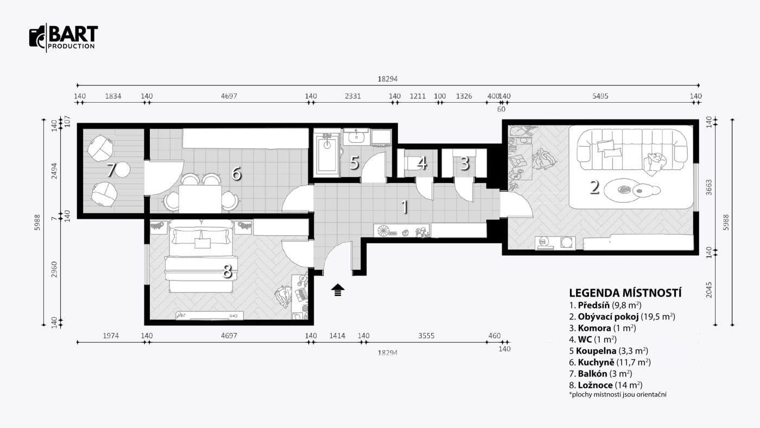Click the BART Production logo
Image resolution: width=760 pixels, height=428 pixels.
point(64,37)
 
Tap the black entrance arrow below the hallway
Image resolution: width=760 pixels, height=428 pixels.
point(338,290)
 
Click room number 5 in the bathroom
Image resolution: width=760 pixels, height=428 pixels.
point(354,163)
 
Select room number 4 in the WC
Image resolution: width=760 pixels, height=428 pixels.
point(422,163)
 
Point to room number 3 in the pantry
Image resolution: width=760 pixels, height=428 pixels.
point(465,163)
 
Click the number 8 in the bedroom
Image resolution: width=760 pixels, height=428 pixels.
point(227,272)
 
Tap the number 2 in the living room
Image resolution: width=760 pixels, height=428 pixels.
point(594,187)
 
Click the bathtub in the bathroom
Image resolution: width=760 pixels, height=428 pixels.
point(327,154)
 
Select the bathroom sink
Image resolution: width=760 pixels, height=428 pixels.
point(356,137)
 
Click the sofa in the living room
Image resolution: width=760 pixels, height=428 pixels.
point(632,150)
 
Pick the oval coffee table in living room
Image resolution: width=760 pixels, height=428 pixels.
point(623,190)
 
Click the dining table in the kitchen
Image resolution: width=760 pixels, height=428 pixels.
point(200,199)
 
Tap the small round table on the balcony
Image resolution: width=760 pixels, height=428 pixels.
point(123,169)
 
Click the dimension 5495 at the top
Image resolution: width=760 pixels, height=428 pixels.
point(600,96)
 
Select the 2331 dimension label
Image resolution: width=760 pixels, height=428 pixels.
point(353,96)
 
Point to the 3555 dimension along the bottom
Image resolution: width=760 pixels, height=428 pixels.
point(426,336)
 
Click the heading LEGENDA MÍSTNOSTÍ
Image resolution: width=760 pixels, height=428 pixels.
point(625,293)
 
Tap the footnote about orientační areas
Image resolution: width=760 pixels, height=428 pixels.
point(618,395)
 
